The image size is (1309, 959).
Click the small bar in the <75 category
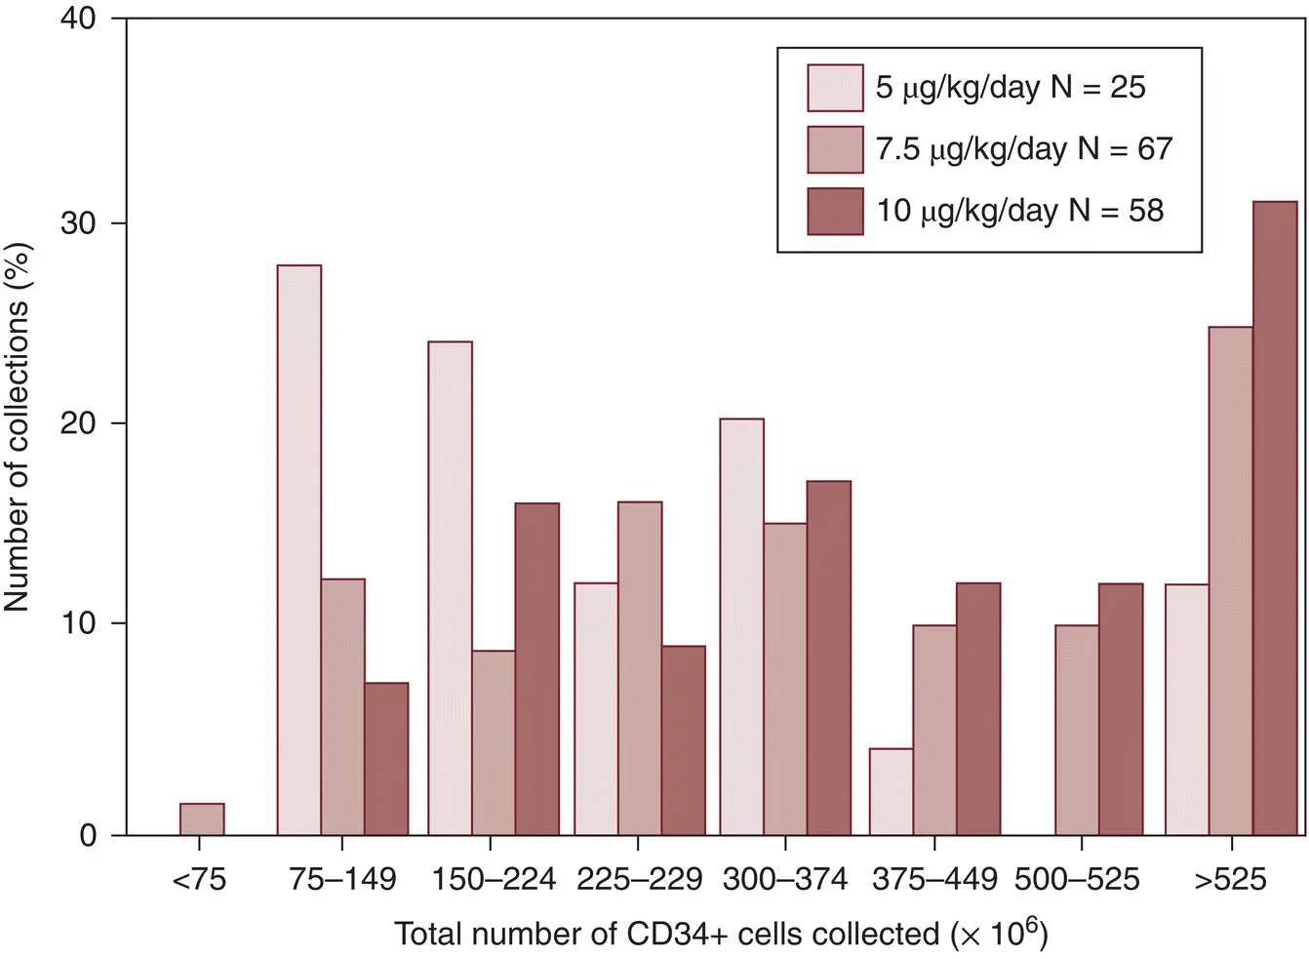tap(202, 819)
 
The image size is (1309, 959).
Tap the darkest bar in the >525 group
tap(1275, 518)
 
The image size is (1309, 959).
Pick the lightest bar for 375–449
tap(891, 791)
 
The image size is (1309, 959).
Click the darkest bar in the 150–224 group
tap(536, 668)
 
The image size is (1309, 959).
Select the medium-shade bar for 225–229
tap(640, 668)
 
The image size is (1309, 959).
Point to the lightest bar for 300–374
tap(742, 626)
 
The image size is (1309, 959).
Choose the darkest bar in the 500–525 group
tap(1121, 709)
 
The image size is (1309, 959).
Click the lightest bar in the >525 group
tap(1187, 709)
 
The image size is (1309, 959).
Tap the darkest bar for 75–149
tap(386, 758)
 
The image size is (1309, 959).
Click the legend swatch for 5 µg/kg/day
tap(835, 88)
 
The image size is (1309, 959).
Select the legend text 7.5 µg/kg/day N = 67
tap(1023, 149)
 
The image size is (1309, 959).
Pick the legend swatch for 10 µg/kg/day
tap(835, 211)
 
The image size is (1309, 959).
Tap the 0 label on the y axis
tap(89, 835)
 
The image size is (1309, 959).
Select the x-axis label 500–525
tap(1076, 880)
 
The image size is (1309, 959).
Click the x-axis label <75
tap(199, 880)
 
